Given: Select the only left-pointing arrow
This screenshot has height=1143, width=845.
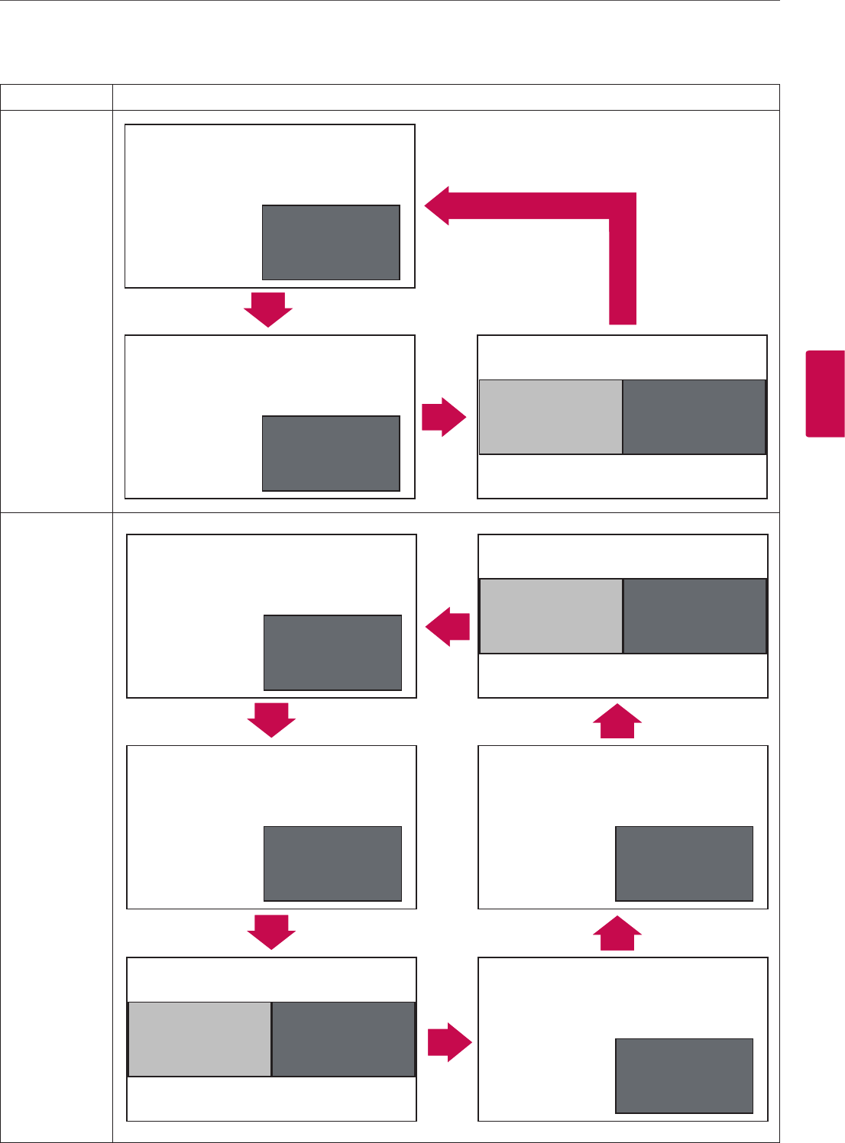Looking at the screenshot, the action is tap(448, 628).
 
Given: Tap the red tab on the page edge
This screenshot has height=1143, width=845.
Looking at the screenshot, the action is tap(824, 393).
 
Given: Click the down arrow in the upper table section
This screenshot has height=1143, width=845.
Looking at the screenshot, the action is tap(268, 309).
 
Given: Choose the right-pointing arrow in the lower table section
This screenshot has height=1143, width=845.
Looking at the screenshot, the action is tap(449, 1041).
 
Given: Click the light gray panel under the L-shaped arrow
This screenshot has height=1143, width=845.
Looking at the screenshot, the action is tap(550, 417).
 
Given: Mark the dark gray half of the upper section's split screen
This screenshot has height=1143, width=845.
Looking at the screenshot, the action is tap(694, 417).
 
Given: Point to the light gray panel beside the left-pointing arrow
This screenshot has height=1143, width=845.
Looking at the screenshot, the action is tap(551, 616).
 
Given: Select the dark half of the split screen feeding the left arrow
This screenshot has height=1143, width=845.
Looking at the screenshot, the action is tap(694, 616).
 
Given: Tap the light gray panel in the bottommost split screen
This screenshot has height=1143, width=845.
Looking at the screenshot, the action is tap(199, 1039).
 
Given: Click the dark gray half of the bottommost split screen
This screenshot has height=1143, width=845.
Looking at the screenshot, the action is tap(343, 1039).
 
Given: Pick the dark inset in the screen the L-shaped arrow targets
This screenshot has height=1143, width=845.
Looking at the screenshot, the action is tap(331, 242).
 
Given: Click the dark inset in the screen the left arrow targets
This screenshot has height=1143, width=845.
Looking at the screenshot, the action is tap(332, 653).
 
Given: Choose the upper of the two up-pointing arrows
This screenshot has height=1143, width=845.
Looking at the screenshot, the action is tap(617, 720).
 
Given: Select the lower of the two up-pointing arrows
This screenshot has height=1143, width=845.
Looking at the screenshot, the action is tap(617, 932).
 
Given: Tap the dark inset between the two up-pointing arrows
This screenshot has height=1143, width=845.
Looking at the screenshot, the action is tap(684, 864).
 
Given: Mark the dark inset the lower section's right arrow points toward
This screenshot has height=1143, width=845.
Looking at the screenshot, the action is tap(684, 1076).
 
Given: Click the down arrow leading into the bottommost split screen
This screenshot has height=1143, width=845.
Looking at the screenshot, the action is tap(271, 932).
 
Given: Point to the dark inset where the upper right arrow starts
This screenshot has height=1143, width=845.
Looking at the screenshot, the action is tap(331, 454).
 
